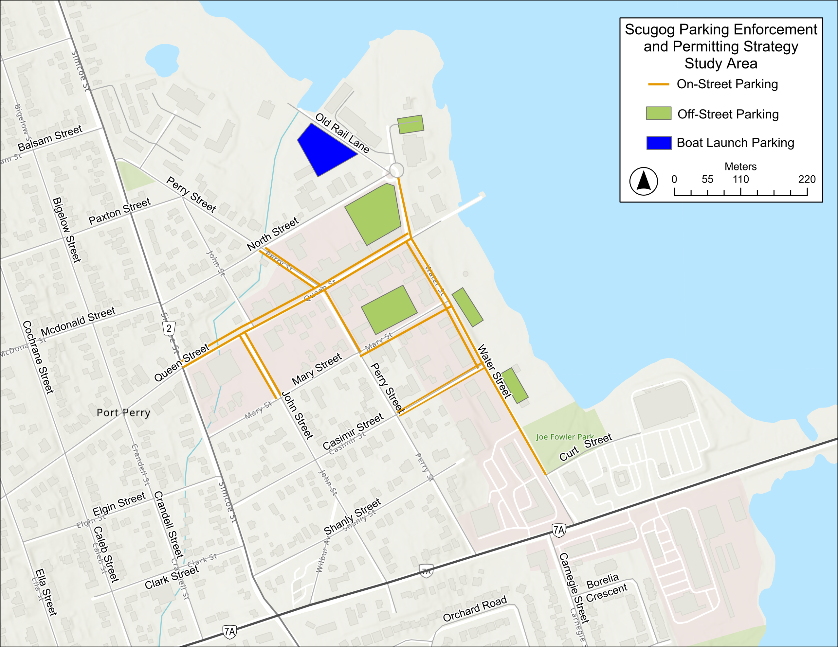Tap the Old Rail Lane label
(342, 133)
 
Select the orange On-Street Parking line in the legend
(658, 84)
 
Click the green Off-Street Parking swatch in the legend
(658, 114)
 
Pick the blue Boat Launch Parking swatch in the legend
(658, 143)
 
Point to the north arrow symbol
(644, 181)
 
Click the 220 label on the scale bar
(807, 179)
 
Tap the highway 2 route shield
(169, 328)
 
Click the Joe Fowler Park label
(564, 436)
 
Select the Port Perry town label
(123, 413)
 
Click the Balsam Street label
(50, 138)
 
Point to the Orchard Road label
(475, 609)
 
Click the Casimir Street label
(353, 431)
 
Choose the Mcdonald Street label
(78, 322)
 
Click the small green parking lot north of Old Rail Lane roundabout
(410, 125)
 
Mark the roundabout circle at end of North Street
(396, 170)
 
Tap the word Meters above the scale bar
(740, 166)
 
